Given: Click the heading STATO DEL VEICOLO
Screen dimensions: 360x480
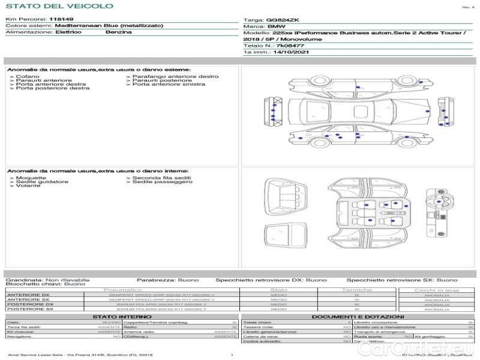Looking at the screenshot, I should point(59,6).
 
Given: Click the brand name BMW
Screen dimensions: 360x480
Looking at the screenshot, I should point(277,27).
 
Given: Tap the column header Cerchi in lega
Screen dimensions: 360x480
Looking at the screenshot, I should point(436,290).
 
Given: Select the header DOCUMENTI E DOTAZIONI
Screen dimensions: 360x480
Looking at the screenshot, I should point(358,316).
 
